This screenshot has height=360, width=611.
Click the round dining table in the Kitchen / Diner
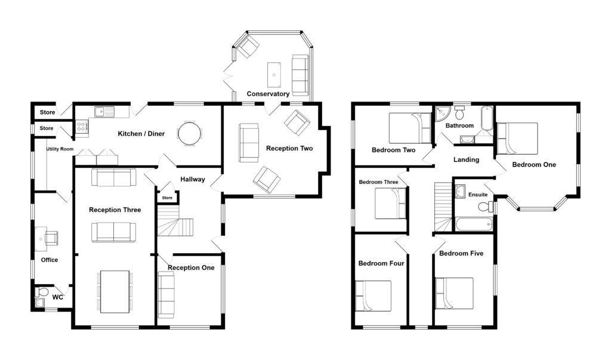190,133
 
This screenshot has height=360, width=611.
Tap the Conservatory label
268,94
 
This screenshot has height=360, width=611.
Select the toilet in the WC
41,293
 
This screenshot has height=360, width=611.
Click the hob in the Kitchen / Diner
82,125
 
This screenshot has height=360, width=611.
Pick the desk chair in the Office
51,238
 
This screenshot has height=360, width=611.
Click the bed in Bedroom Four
374,296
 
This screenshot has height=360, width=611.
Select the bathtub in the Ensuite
473,225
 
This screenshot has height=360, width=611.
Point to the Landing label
466,159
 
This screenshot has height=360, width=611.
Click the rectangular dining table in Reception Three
114,291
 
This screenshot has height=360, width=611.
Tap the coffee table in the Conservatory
274,71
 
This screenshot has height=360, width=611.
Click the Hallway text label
192,179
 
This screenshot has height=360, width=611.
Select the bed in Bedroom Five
454,293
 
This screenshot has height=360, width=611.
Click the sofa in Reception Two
249,143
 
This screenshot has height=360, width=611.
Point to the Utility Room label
60,149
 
